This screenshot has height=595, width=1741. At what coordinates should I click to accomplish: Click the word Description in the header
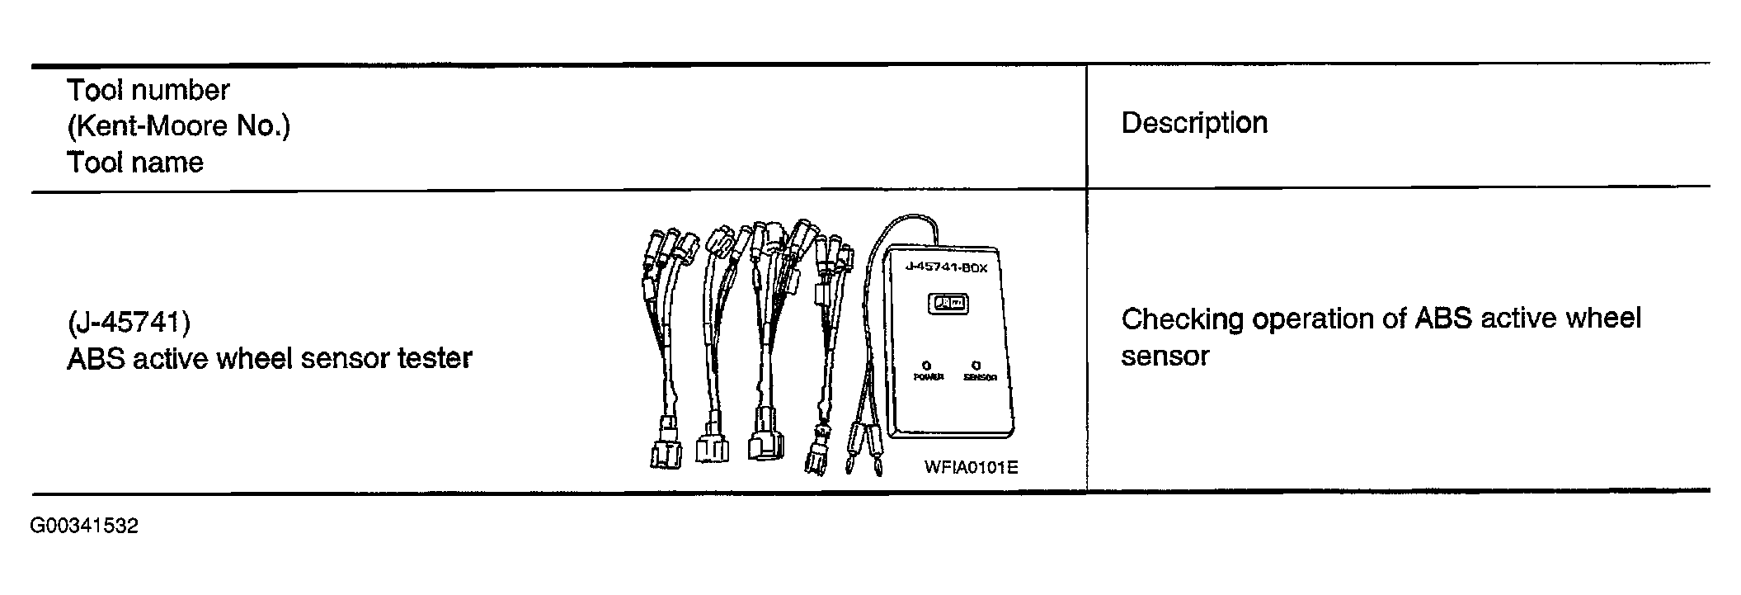coord(1194,124)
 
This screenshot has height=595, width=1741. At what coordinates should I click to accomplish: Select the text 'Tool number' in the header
coord(148,90)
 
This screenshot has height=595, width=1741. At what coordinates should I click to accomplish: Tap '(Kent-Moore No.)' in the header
coord(178,126)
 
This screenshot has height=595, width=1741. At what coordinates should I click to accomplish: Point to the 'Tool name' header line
coord(135,163)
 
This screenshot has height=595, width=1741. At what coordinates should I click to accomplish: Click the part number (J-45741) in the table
coord(129,322)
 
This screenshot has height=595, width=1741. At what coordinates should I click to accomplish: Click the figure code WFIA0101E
coord(971,468)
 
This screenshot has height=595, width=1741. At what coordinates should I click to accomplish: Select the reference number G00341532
coord(85,527)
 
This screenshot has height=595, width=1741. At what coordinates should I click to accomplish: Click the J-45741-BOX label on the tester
coord(946,267)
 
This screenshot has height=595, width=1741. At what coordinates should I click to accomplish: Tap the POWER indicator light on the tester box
coord(927,365)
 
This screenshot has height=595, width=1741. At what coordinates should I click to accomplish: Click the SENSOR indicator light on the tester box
coord(976,365)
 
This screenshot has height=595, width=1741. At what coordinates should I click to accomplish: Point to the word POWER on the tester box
coord(928,377)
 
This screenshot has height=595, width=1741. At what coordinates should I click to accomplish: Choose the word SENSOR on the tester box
coord(980,377)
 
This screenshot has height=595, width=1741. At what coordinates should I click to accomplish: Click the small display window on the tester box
coord(948,304)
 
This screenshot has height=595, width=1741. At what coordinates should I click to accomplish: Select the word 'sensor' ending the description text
coord(1165,357)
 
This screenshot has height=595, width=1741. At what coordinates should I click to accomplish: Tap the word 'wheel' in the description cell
coord(1603,319)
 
